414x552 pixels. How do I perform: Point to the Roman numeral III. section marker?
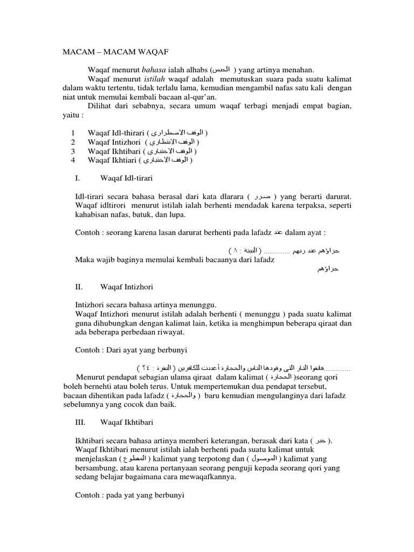[x=80, y=415]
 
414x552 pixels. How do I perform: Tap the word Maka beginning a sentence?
[x=84, y=260]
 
